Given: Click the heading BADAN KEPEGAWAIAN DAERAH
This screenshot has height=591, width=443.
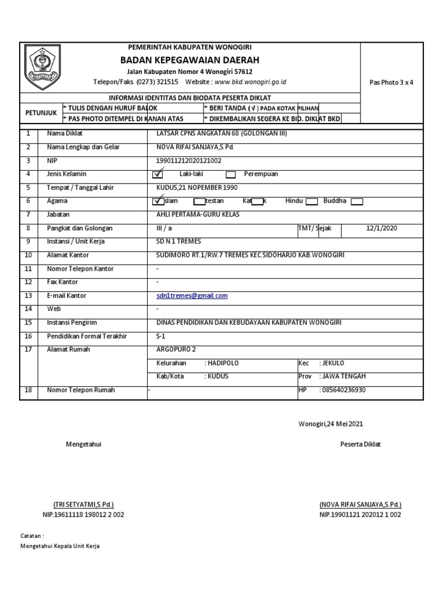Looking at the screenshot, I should coord(190,60).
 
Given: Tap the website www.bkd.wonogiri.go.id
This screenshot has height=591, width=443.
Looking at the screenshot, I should coord(250,82).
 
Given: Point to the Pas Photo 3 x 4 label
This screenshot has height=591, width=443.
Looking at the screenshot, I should coord(391,82).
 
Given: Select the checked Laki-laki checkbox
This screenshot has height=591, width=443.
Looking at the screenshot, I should coord(157,174).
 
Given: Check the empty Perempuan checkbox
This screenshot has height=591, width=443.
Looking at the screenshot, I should coord(231,174).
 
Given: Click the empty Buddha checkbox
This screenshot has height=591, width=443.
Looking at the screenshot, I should coord(357,201).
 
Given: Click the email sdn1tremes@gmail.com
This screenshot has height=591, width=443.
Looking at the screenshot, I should coord(192,295).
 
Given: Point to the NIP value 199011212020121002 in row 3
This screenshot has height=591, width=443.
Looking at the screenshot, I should coord(189,160).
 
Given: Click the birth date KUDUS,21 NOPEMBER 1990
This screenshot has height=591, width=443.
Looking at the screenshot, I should coord(197,188).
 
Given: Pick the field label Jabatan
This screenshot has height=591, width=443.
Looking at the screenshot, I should coord(58,215).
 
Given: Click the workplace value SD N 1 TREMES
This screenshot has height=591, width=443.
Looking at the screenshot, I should coord(179,241).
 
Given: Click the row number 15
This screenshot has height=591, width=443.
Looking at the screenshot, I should coord(28,323).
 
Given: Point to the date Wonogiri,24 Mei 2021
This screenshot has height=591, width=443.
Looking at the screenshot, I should coord(331,424).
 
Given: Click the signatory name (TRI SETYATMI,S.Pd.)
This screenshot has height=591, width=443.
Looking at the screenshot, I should coord(83,504).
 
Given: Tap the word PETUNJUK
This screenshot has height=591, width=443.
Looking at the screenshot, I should coord(40,113).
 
